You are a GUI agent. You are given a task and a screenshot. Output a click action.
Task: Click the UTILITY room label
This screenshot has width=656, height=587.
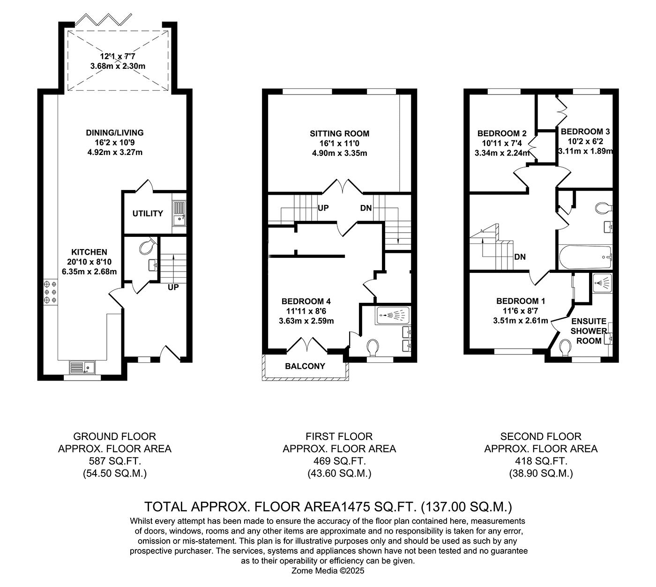tap(147, 213)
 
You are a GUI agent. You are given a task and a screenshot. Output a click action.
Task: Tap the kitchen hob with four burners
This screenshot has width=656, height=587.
tap(51, 292)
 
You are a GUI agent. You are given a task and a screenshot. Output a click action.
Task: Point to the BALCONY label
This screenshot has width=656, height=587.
tap(305, 366)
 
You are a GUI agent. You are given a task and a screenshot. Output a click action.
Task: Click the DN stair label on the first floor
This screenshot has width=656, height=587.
tap(366, 208)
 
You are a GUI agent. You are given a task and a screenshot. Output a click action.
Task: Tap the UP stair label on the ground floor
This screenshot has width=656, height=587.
tap(173, 287)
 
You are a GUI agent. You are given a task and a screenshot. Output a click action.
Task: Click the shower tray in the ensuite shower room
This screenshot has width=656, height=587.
tap(603, 283)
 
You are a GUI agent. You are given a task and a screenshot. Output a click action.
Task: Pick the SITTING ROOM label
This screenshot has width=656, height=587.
tap(339, 133)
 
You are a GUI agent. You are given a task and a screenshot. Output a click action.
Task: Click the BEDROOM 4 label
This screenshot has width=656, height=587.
tap(306, 301)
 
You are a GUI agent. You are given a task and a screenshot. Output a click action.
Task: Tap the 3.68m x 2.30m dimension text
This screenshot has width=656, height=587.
tap(118, 66)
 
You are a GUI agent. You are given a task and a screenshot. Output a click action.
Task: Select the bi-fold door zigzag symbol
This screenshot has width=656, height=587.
tap(104, 20)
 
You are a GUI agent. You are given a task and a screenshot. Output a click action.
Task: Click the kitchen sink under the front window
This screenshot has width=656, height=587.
tap(82, 367)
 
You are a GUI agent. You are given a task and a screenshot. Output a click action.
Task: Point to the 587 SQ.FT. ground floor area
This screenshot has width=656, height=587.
tap(115, 461)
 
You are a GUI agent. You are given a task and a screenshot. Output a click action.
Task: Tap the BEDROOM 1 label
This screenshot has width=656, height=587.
tap(521, 301)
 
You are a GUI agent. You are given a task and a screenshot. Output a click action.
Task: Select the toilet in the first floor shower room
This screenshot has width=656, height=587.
tap(373, 347)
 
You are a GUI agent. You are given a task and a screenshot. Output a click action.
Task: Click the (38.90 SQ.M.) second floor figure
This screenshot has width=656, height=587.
tap(541, 473)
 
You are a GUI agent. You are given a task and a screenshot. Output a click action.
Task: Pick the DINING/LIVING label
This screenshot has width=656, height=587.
tap(115, 132)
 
